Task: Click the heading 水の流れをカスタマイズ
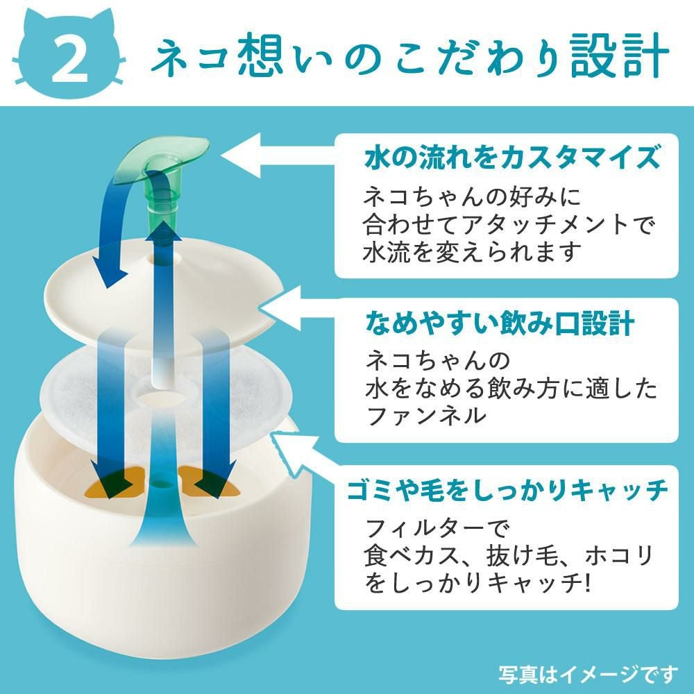click(511, 158)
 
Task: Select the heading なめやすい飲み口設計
click(499, 323)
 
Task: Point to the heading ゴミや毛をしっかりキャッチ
click(507, 490)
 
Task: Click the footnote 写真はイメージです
click(589, 674)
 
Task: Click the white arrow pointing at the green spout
click(277, 155)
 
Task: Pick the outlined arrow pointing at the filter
click(304, 453)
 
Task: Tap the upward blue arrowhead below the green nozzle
click(163, 231)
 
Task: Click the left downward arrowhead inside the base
click(112, 481)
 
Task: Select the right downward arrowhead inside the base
click(214, 481)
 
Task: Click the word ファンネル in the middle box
click(425, 415)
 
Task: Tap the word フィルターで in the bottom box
click(438, 527)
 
